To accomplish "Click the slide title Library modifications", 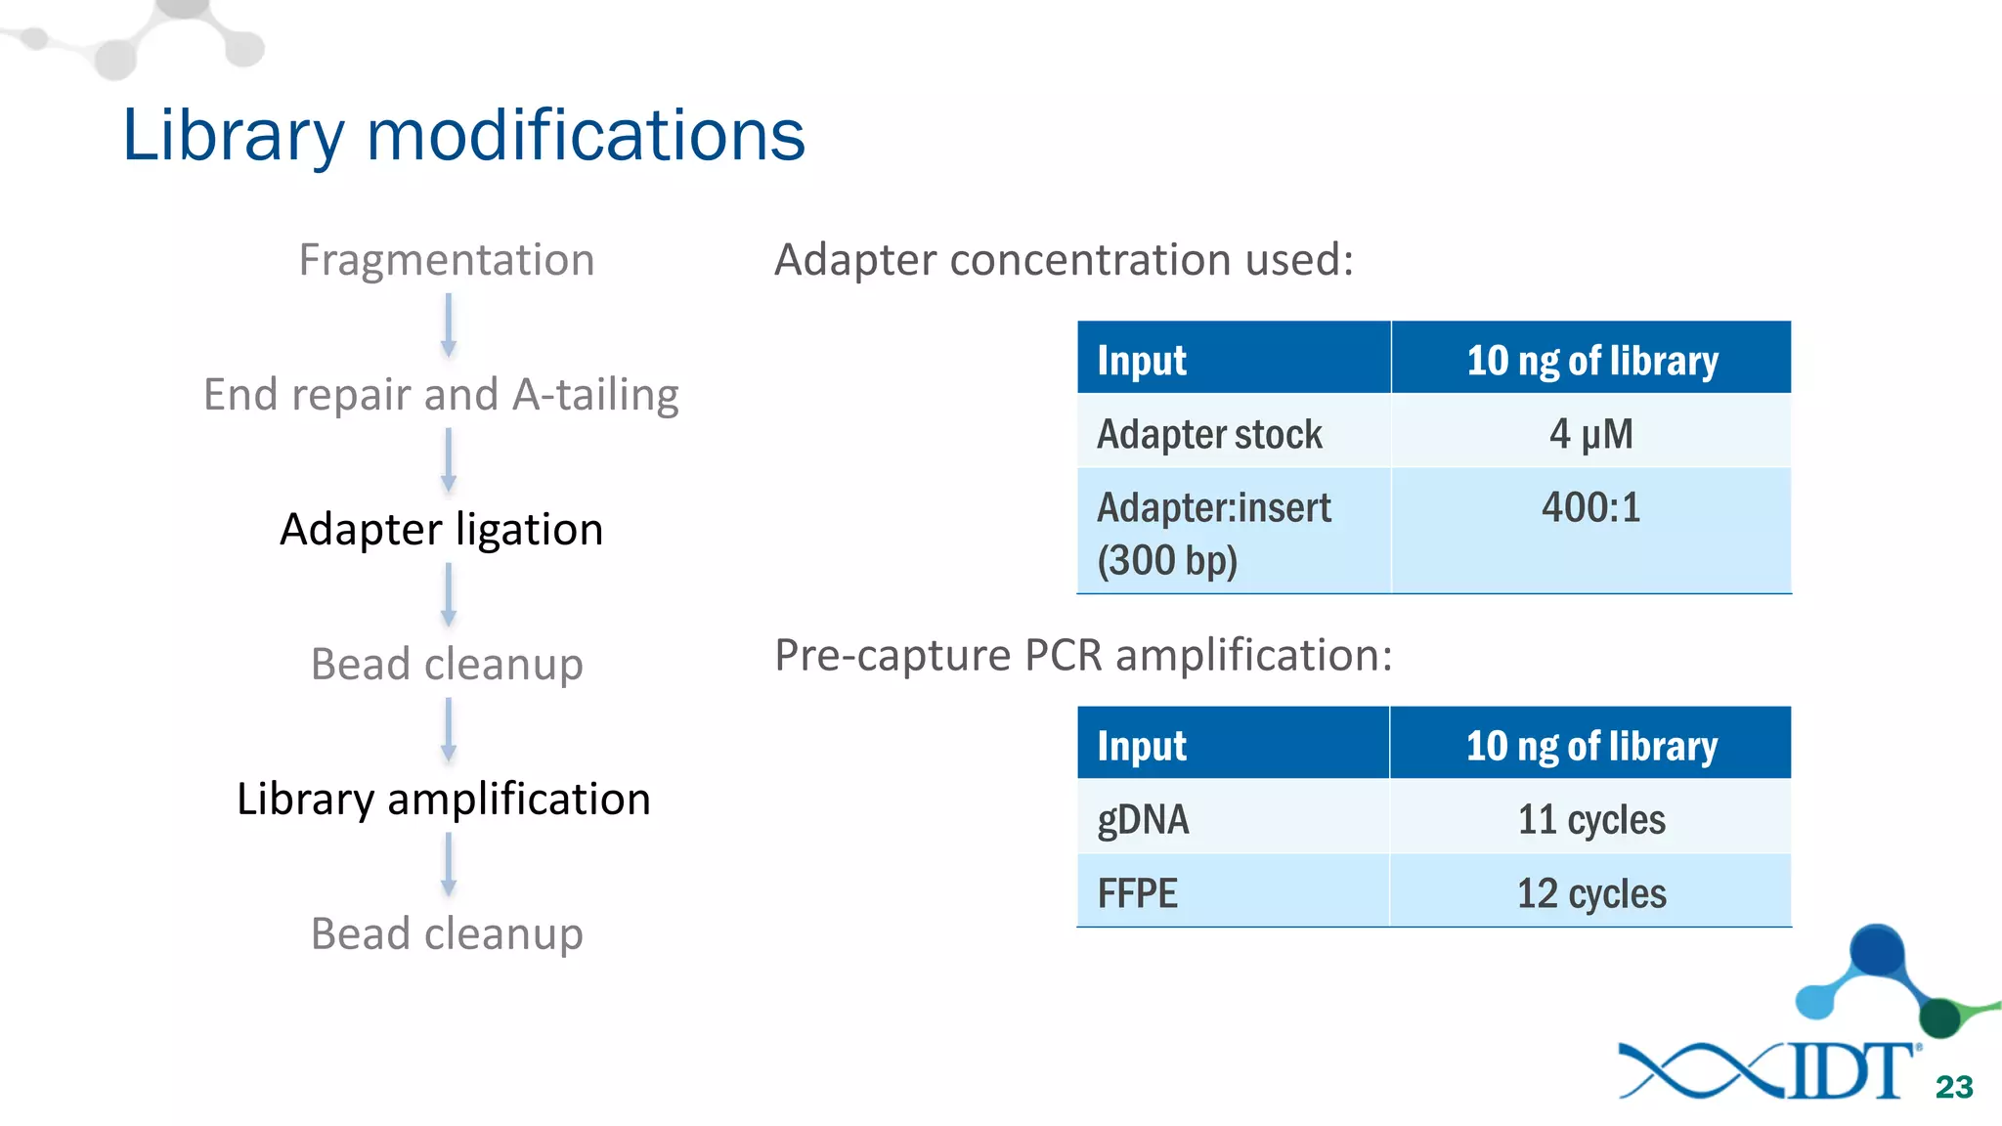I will tap(463, 135).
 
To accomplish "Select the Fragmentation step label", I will tap(447, 260).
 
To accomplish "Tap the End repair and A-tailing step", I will tap(441, 395).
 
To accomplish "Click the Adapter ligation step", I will tap(441, 530).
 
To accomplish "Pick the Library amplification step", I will tap(443, 800).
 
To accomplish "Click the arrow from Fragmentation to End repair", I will tap(449, 325).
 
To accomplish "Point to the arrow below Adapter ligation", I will tap(449, 595).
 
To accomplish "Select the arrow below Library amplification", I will tap(449, 865).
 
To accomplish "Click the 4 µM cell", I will tap(1590, 433).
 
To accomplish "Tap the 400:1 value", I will tap(1590, 508).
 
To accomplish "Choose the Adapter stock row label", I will tap(1209, 434).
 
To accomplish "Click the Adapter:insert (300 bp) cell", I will tap(1213, 534).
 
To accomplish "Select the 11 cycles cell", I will tap(1590, 819).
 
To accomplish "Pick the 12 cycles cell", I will tap(1590, 893).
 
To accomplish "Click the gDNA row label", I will tap(1143, 819).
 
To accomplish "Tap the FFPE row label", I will tap(1137, 893).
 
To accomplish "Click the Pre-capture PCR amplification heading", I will tap(1083, 655).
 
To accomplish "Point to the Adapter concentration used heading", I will tap(1064, 260).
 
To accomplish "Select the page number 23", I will tap(1954, 1087).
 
